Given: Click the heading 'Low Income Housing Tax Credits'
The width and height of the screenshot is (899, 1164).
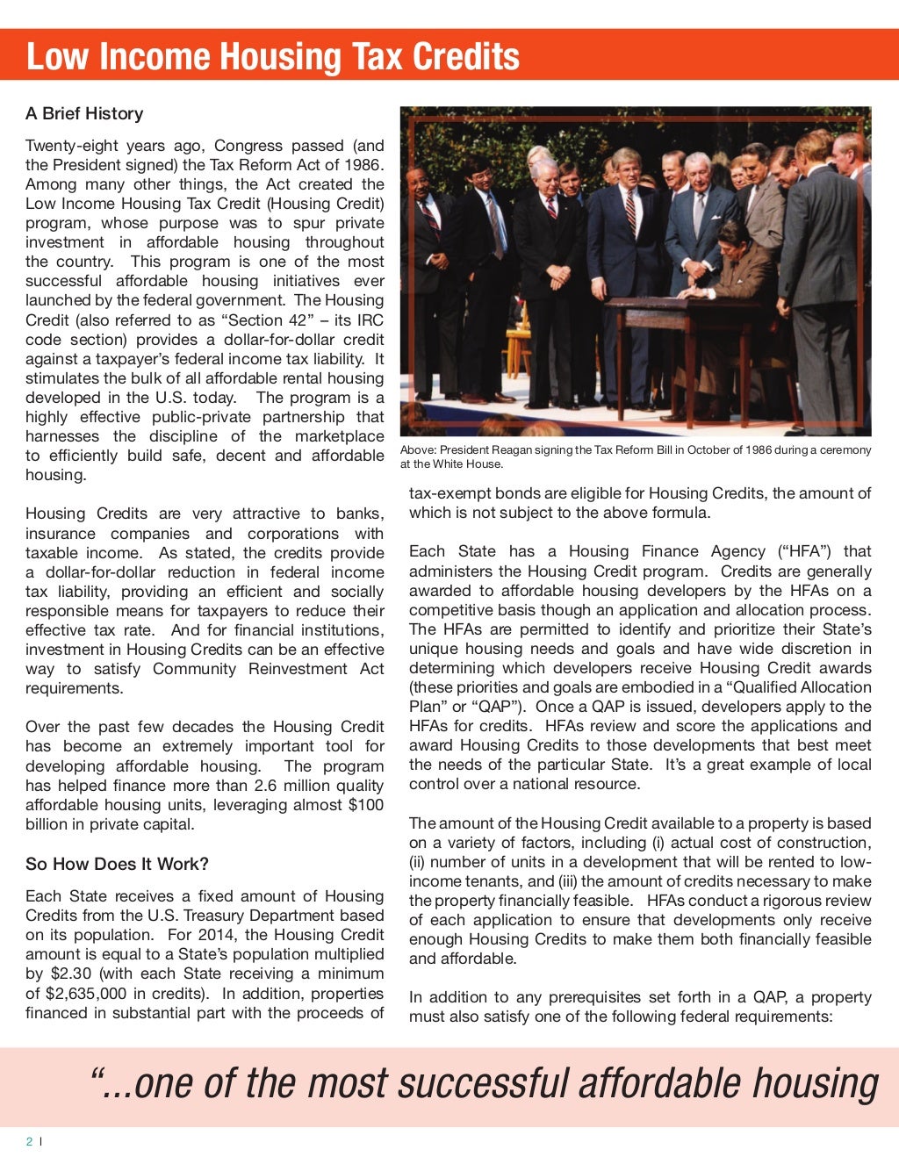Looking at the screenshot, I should pos(273,56).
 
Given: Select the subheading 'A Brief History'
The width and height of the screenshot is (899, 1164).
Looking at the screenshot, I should pos(84,113).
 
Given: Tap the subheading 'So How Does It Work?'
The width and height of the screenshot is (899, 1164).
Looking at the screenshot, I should pos(117,864).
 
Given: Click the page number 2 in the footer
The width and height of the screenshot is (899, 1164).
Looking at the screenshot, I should pos(29,1141).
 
